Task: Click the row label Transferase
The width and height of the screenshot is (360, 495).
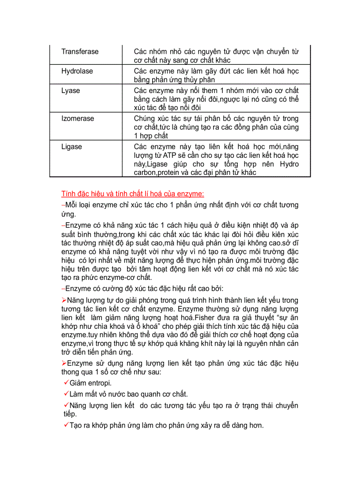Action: tap(80, 52)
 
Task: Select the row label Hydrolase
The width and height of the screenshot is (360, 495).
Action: tap(77, 71)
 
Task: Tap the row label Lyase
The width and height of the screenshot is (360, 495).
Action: tap(71, 90)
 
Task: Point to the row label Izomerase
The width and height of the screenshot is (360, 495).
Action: tap(78, 119)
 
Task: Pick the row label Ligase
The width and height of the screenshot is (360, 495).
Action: tap(72, 146)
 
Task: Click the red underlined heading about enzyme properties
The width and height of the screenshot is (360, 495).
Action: tap(133, 194)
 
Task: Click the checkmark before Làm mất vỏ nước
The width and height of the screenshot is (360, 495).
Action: tap(67, 394)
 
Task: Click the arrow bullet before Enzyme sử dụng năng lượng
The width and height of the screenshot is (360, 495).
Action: tap(64, 363)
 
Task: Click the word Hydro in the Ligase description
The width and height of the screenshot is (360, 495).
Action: tap(289, 164)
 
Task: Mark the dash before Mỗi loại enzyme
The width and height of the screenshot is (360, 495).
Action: tap(63, 205)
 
